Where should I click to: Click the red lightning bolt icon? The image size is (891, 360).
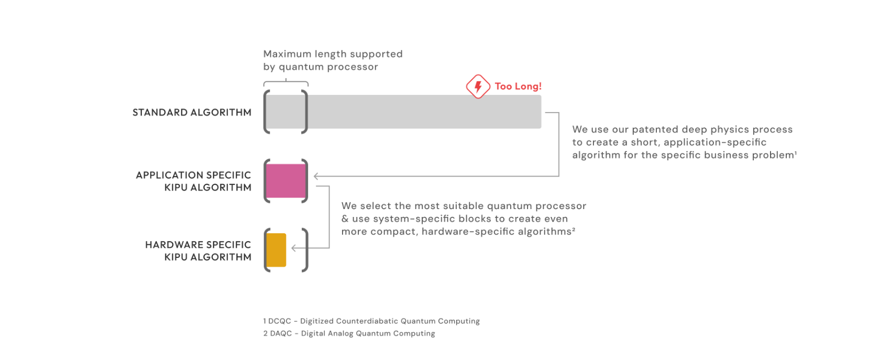pos(478,86)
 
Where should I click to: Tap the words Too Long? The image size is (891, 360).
pos(518,86)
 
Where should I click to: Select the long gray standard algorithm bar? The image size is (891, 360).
pos(419,112)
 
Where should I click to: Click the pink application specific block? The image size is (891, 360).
pos(285,181)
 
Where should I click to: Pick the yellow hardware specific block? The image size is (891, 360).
pos(276,250)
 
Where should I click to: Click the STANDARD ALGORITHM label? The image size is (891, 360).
pos(192,112)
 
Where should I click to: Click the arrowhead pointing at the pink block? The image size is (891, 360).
pos(316,177)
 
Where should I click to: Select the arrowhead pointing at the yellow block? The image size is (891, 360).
pos(294,248)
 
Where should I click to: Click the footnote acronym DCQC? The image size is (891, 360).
pos(280,321)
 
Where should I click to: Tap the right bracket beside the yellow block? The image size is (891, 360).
pos(305,250)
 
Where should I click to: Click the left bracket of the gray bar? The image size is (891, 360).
pos(267,112)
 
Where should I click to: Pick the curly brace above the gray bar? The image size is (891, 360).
pos(285,82)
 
